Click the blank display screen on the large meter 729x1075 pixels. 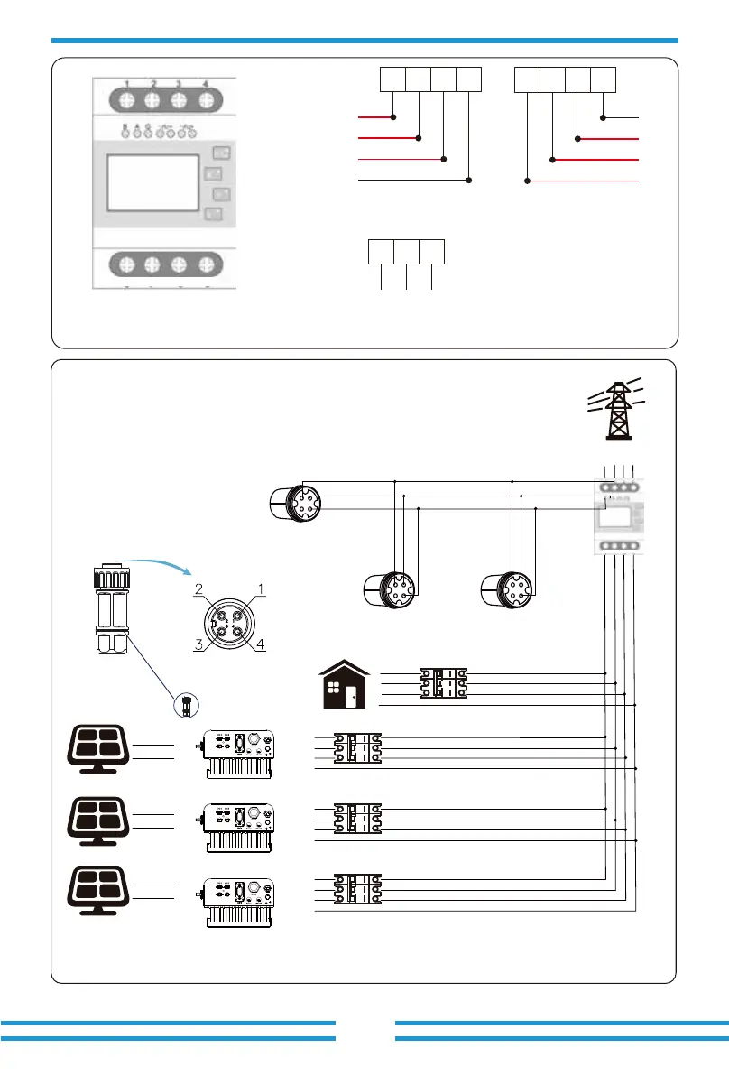(x=152, y=182)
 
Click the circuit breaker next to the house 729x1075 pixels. (x=444, y=684)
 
